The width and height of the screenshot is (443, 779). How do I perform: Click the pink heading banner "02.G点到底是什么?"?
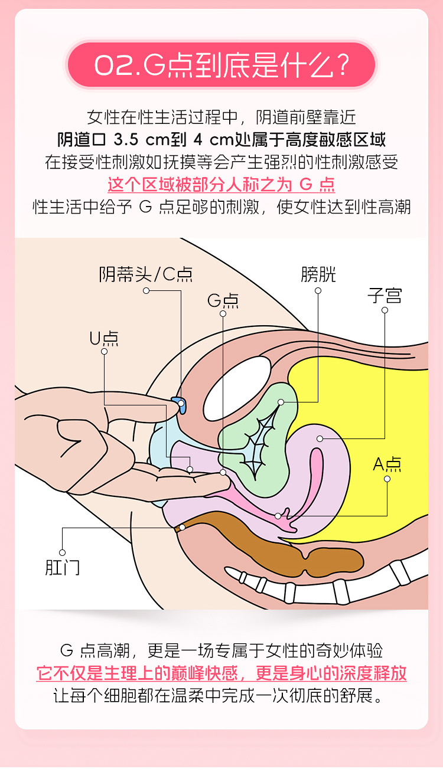click(221, 65)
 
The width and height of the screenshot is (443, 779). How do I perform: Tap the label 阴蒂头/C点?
click(146, 274)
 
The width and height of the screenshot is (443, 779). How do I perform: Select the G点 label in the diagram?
click(223, 301)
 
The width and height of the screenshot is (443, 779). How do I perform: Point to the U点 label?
click(104, 338)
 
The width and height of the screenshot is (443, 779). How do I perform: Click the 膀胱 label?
click(318, 274)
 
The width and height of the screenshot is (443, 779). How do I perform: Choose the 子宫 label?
click(385, 295)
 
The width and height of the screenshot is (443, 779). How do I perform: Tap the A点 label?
click(387, 464)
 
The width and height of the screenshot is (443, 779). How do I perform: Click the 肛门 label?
click(62, 567)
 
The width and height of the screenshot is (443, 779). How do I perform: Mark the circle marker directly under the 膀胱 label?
click(318, 290)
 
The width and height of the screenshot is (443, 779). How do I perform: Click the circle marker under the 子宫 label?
click(385, 310)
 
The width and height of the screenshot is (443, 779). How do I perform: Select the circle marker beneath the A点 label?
click(387, 479)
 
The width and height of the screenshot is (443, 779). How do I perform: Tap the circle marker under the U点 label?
click(104, 351)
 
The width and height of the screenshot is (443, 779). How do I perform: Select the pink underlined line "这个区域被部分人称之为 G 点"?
click(221, 185)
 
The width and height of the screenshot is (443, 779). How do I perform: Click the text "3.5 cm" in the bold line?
click(135, 140)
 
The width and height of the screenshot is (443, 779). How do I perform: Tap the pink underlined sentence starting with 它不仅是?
click(221, 673)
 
